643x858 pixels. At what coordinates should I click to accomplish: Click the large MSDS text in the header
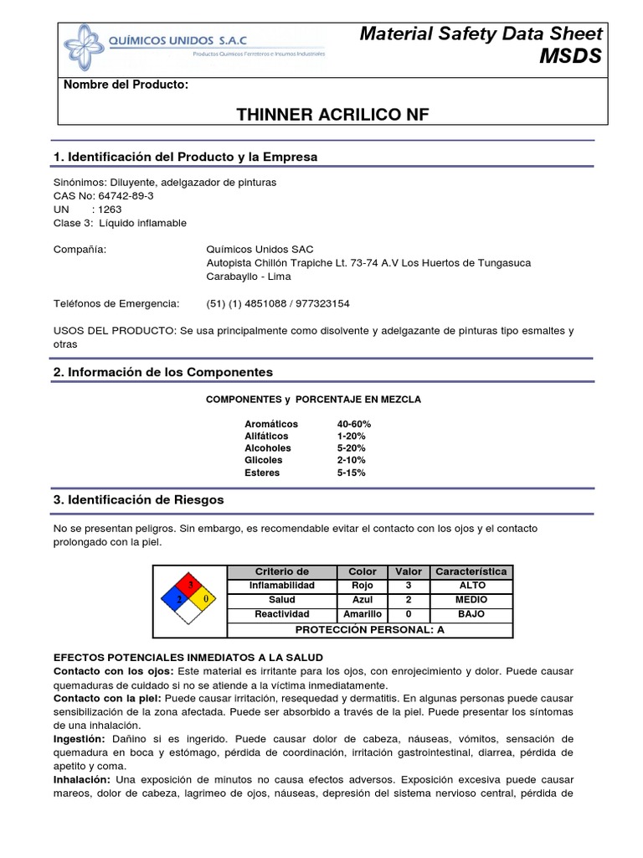pyautogui.click(x=570, y=56)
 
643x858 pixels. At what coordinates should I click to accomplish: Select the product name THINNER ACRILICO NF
pyautogui.click(x=321, y=115)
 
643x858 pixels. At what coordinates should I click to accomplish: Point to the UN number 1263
pyautogui.click(x=110, y=209)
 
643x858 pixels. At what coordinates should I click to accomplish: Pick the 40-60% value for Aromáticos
pyautogui.click(x=353, y=424)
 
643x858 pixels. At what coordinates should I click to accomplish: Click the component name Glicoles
pyautogui.click(x=263, y=460)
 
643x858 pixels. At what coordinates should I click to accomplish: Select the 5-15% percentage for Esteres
pyautogui.click(x=351, y=473)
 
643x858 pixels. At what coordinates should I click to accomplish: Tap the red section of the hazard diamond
pyautogui.click(x=190, y=584)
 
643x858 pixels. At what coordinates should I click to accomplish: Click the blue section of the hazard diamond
pyautogui.click(x=174, y=599)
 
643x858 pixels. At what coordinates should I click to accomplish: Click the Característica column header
pyautogui.click(x=471, y=571)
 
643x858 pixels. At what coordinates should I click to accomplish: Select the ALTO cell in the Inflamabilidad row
pyautogui.click(x=471, y=585)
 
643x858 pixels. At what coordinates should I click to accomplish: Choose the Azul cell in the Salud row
pyautogui.click(x=362, y=600)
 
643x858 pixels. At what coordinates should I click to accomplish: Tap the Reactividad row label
pyautogui.click(x=281, y=614)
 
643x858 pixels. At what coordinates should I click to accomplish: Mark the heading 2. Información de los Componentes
pyautogui.click(x=162, y=372)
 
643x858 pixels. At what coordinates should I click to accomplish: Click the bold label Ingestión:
pyautogui.click(x=79, y=738)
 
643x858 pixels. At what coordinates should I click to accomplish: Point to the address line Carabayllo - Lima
pyautogui.click(x=249, y=277)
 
